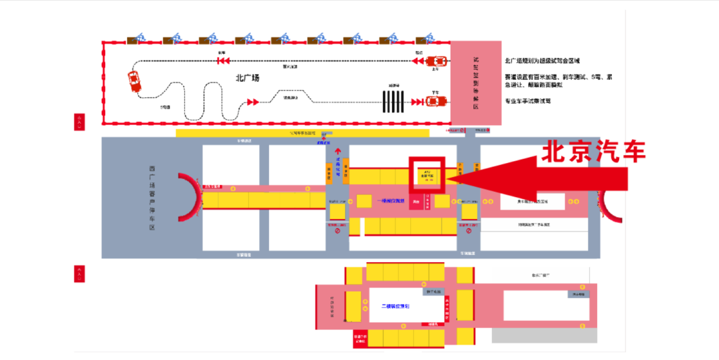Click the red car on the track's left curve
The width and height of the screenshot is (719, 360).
tap(134, 81)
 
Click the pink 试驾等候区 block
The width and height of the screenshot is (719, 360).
tap(475, 83)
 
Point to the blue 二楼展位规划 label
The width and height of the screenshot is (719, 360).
tap(395, 306)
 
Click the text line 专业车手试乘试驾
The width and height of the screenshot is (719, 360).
tap(533, 101)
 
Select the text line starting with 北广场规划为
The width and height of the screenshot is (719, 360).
tap(543, 61)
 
